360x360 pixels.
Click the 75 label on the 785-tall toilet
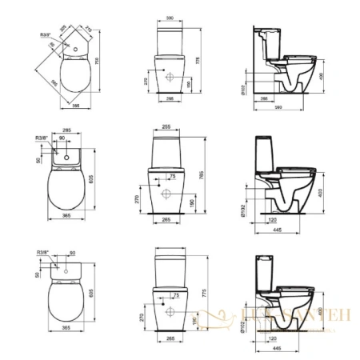(x=174, y=175)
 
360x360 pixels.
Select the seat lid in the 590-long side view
(x=299, y=55)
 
